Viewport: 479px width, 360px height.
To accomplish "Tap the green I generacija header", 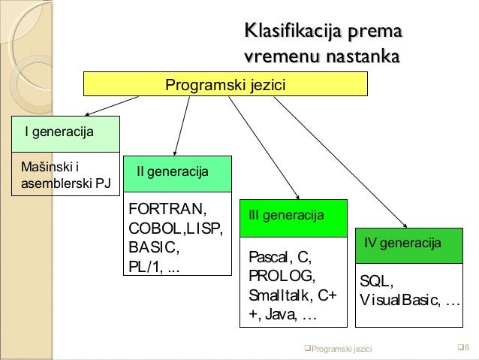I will click(65, 134).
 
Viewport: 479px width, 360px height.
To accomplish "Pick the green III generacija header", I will click(293, 216).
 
